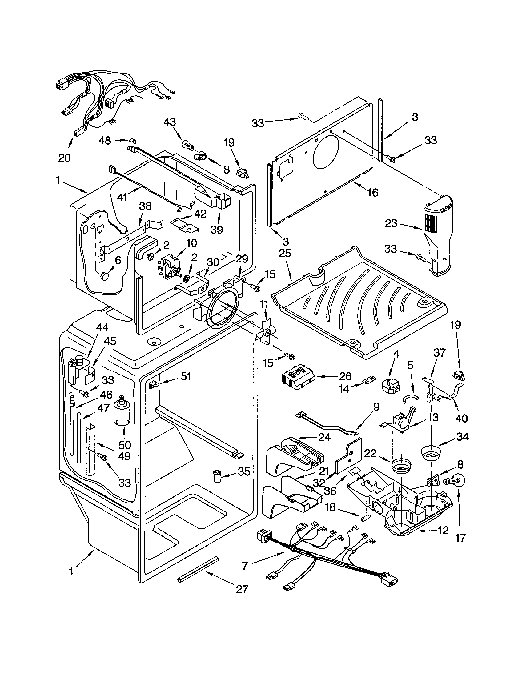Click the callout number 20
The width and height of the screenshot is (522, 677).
[x=64, y=158]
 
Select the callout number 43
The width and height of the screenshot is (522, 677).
[x=170, y=122]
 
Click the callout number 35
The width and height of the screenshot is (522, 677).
[x=244, y=471]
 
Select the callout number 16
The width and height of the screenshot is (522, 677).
[x=373, y=193]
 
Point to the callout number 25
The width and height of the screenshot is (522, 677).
[x=285, y=253]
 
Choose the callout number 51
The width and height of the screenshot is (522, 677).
[x=186, y=376]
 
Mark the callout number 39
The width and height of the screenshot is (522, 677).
[x=217, y=230]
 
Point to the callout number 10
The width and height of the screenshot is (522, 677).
[x=192, y=243]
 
